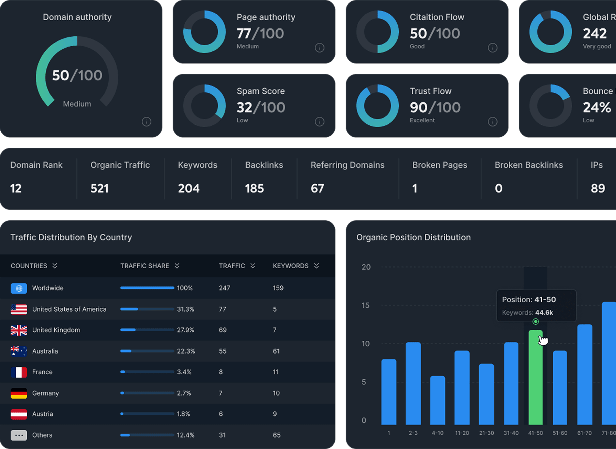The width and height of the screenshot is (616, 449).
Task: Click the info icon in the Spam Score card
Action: pos(319,122)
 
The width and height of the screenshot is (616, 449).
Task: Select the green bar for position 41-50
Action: pos(535,379)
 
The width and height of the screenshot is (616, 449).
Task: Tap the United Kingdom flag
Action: pos(19,330)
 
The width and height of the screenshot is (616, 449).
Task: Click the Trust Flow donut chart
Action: pos(377,106)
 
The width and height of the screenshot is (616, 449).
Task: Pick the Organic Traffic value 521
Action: pos(100,189)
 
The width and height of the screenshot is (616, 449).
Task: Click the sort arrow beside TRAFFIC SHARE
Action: pos(177,266)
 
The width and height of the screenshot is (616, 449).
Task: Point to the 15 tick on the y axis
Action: pos(365,305)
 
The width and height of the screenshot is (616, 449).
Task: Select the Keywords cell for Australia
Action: pos(276,351)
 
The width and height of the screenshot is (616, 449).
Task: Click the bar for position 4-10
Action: pos(438,401)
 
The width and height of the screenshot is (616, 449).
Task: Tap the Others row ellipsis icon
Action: pos(19,435)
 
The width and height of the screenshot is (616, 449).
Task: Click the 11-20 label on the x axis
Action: pos(462,433)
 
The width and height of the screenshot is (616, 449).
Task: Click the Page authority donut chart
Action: pos(205,32)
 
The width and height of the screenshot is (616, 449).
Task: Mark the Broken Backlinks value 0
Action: pos(499,189)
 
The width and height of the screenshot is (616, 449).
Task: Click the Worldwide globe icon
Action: pos(19,288)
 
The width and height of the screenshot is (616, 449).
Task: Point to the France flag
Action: pos(19,372)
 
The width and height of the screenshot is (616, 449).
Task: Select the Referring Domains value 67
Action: pos(317,189)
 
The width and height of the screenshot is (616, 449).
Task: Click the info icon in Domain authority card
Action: pos(146,122)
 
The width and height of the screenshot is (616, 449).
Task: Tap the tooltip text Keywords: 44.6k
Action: pos(528,313)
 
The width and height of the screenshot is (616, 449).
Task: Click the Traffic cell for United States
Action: pos(223,309)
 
